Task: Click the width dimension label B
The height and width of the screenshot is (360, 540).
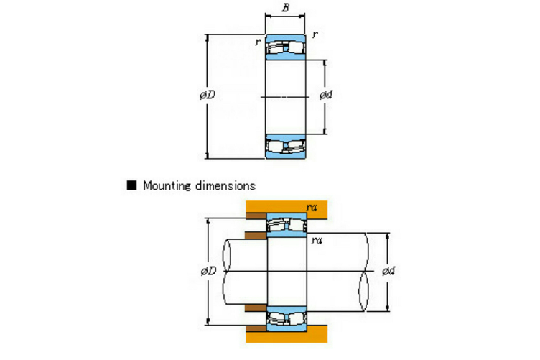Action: pyautogui.click(x=286, y=8)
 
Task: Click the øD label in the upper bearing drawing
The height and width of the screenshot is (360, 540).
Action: pyautogui.click(x=208, y=95)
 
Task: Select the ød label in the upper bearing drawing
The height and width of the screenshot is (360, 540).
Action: pyautogui.click(x=326, y=95)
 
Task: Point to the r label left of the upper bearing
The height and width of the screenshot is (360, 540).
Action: pyautogui.click(x=258, y=42)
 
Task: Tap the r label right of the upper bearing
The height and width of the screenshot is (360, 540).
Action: pyautogui.click(x=315, y=34)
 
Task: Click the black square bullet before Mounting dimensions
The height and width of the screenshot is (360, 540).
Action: pyautogui.click(x=131, y=185)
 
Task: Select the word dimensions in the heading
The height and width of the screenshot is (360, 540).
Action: pyautogui.click(x=225, y=185)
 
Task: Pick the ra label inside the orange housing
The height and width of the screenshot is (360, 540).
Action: pyautogui.click(x=312, y=207)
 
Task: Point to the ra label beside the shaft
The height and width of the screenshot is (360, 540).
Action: pyautogui.click(x=317, y=240)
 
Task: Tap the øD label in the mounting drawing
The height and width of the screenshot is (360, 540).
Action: pyautogui.click(x=209, y=271)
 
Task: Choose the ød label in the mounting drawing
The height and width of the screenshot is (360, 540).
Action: pyautogui.click(x=388, y=271)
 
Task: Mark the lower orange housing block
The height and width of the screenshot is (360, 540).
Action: pyautogui.click(x=287, y=333)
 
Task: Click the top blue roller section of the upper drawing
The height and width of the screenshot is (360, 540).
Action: pyautogui.click(x=286, y=47)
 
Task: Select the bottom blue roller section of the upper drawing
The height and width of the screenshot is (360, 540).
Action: pyautogui.click(x=286, y=147)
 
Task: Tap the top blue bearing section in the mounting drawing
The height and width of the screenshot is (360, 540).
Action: pyautogui.click(x=287, y=225)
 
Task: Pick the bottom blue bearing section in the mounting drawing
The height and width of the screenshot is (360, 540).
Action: pyautogui.click(x=287, y=318)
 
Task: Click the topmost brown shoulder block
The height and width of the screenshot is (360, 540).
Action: pyautogui.click(x=256, y=216)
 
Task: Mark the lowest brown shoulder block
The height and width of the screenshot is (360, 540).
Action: pyautogui.click(x=256, y=328)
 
